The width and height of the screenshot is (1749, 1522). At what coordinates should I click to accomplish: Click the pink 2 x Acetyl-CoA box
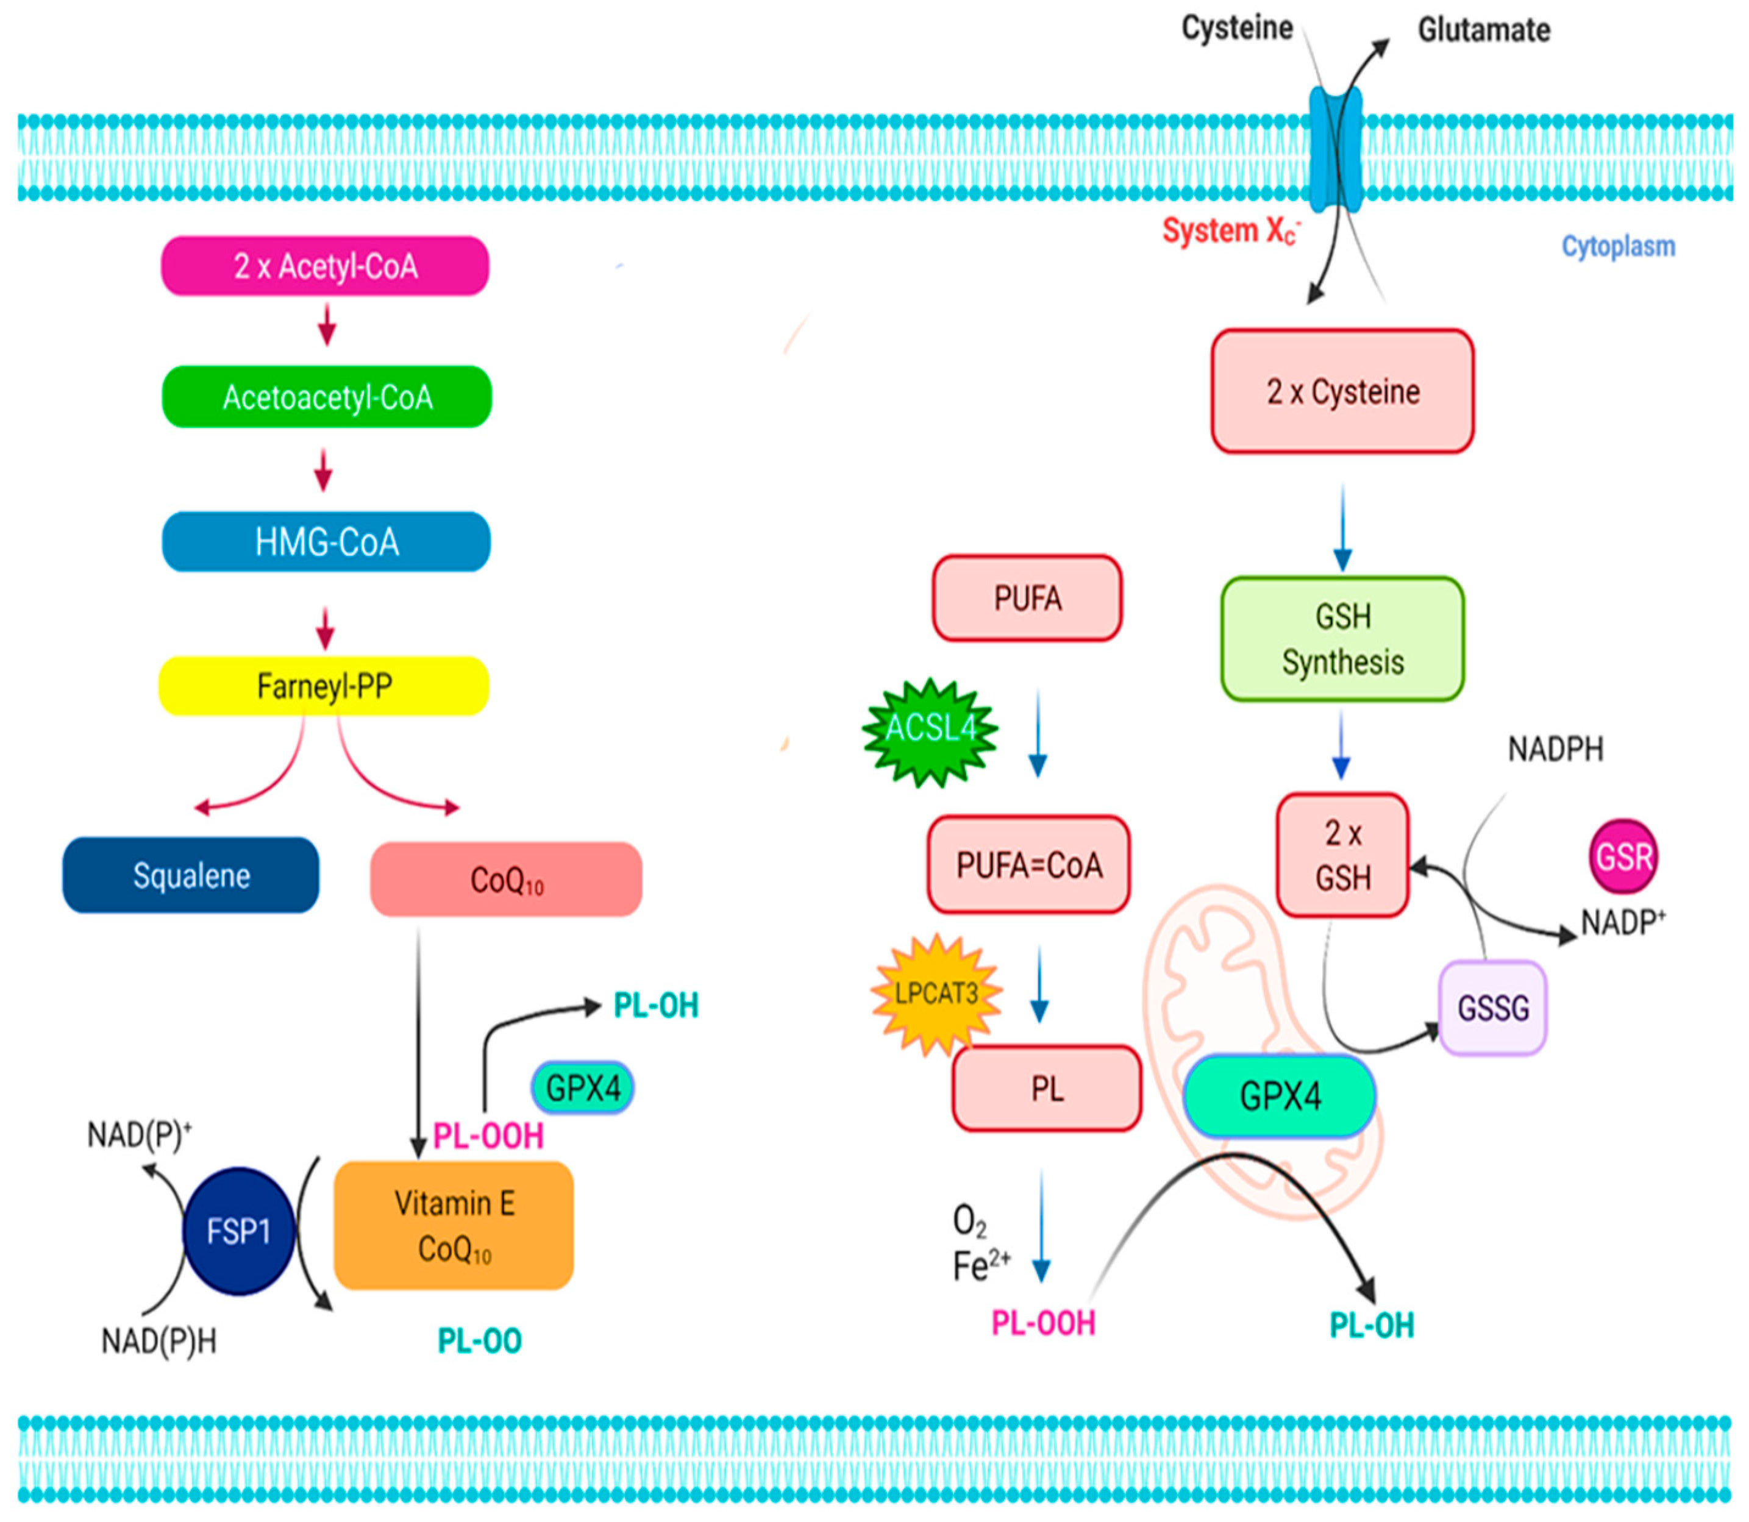click(x=326, y=266)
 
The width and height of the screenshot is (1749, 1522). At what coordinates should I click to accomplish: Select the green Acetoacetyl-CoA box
click(x=327, y=397)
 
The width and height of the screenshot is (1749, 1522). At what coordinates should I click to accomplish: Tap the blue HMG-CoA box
click(x=326, y=542)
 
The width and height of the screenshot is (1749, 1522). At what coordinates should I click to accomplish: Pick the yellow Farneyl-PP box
click(x=324, y=685)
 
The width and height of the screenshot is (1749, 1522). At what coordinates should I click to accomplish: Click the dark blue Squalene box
click(x=191, y=875)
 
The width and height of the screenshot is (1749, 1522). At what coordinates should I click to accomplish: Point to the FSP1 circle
click(x=239, y=1231)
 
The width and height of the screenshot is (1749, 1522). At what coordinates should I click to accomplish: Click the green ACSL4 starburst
click(x=930, y=731)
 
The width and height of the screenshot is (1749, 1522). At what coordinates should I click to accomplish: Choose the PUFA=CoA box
click(x=1028, y=864)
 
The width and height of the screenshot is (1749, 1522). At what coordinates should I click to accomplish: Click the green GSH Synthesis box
click(x=1342, y=639)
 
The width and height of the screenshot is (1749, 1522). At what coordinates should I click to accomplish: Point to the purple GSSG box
click(x=1492, y=1008)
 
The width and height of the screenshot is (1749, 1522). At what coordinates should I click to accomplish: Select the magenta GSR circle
click(x=1623, y=856)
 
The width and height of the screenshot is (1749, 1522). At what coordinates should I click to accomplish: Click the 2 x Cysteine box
click(x=1342, y=391)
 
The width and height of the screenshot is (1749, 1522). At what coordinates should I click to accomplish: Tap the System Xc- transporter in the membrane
click(x=1335, y=149)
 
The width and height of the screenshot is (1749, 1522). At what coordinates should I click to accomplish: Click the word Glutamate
click(x=1484, y=30)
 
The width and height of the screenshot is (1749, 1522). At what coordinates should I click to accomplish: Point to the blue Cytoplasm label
click(x=1618, y=246)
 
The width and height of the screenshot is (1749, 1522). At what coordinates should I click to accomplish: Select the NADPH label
click(x=1555, y=749)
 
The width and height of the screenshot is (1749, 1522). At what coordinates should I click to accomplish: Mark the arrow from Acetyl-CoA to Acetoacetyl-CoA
click(x=327, y=324)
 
